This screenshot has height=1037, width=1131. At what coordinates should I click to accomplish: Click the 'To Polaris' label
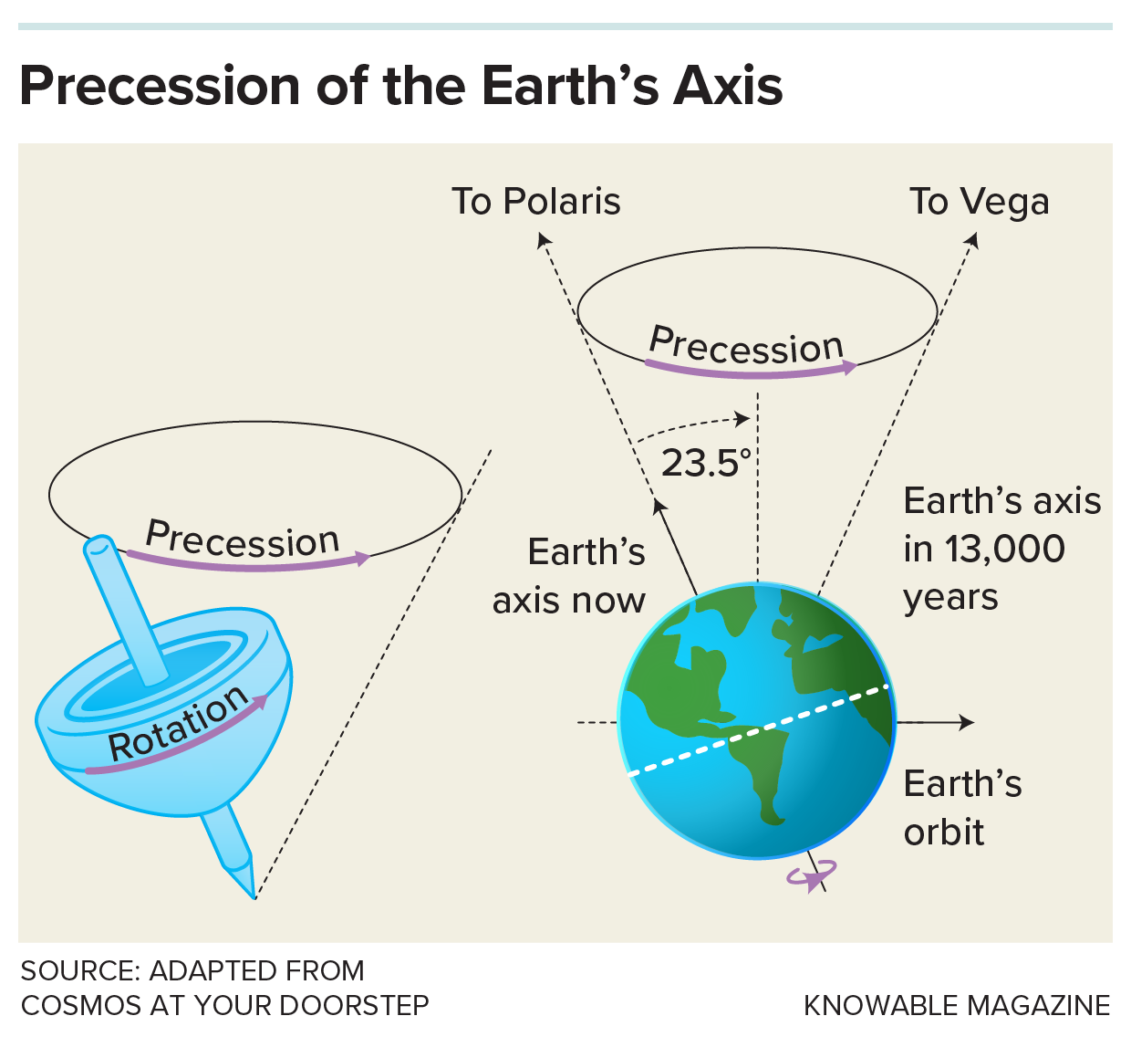click(536, 202)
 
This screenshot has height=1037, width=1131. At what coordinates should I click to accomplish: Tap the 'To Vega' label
click(979, 202)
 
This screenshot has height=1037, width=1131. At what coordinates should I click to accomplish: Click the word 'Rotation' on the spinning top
click(179, 725)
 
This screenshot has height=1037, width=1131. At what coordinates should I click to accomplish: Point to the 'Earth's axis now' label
click(569, 576)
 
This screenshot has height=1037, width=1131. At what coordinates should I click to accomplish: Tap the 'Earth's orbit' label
click(961, 808)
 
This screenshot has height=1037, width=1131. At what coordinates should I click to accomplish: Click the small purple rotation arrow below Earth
click(811, 876)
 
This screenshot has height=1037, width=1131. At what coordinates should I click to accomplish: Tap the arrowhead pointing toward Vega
click(972, 239)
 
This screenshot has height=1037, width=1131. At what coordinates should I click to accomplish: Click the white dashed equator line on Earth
click(757, 729)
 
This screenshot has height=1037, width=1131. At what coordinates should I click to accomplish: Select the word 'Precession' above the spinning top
click(243, 539)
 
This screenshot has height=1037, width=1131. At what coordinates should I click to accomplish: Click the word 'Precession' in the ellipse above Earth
click(746, 346)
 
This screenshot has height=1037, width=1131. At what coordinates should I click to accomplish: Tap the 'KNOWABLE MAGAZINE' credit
click(956, 1005)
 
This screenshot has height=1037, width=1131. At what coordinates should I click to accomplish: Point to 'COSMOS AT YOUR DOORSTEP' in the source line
click(224, 1005)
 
